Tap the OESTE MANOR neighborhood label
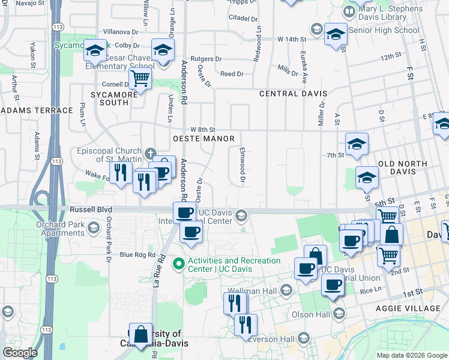tap(203, 139)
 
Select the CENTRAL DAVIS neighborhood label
tap(293, 94)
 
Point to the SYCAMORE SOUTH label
tap(110, 98)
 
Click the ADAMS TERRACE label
tap(37, 110)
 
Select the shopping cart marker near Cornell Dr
tap(140, 77)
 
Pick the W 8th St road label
tap(203, 130)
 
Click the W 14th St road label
tap(292, 39)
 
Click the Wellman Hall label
tap(262, 291)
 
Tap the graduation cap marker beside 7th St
tap(357, 144)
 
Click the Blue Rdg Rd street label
tap(137, 254)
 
